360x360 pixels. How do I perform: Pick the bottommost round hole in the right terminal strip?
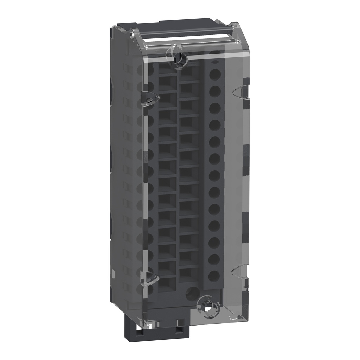click(214, 275)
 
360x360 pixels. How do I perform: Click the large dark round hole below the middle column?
click(192, 292)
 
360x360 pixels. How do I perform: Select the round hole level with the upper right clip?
click(214, 91)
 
